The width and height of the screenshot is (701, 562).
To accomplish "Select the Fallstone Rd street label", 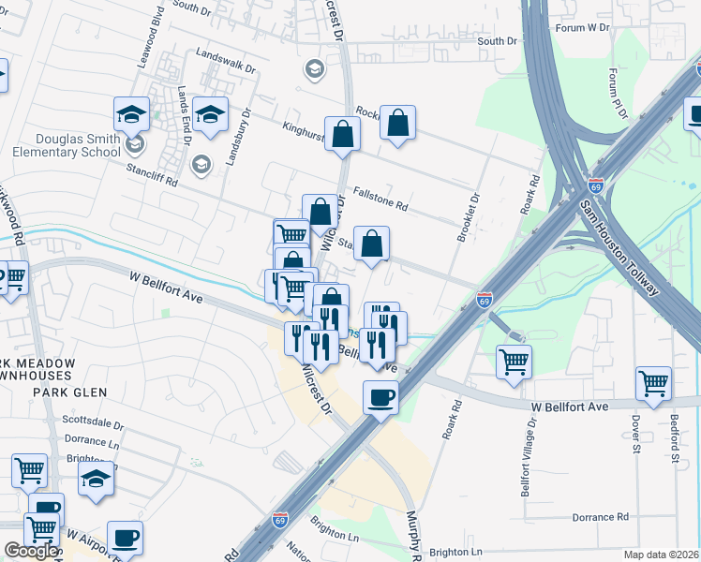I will click(380, 199).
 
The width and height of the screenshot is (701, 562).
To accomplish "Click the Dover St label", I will click(635, 438).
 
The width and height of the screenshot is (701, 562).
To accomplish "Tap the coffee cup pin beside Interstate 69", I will click(380, 397).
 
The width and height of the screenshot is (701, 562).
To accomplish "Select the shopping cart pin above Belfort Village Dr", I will click(514, 361).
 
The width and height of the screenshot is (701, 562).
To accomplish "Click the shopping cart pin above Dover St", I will click(653, 381).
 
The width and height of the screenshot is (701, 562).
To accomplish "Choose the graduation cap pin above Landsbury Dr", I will click(210, 115).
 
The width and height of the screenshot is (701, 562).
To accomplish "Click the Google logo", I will click(31, 551).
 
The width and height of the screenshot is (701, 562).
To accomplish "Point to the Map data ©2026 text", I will click(660, 555).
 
